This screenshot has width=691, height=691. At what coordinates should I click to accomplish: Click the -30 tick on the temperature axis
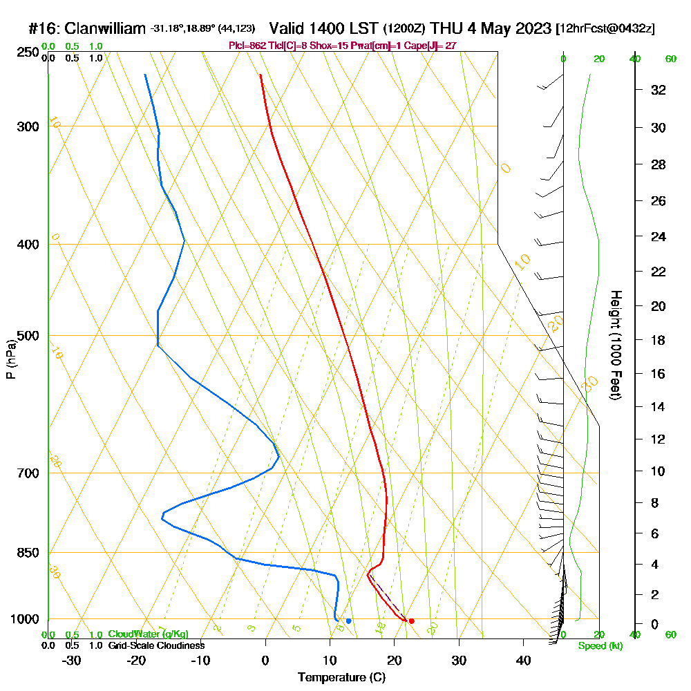(x=71, y=660)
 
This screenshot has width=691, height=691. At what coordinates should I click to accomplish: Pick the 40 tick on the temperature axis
(x=523, y=660)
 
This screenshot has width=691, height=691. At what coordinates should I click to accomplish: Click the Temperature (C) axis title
(x=341, y=678)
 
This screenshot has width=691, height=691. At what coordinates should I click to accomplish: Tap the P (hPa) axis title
(x=10, y=359)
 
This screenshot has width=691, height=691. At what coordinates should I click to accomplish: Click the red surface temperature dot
(x=411, y=621)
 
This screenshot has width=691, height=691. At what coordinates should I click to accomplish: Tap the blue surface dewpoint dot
(x=348, y=621)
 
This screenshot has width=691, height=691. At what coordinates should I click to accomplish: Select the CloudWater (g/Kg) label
(x=148, y=634)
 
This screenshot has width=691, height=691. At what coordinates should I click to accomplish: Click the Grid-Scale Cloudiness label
(x=156, y=645)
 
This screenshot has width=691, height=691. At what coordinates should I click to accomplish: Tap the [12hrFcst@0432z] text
(x=605, y=29)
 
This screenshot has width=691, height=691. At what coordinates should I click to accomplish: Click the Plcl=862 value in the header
(x=246, y=46)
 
